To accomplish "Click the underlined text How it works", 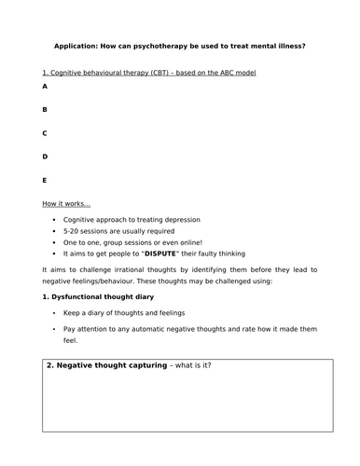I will point(66,203).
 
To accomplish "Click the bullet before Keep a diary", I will point(57,315).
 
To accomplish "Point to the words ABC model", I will point(235,73).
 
